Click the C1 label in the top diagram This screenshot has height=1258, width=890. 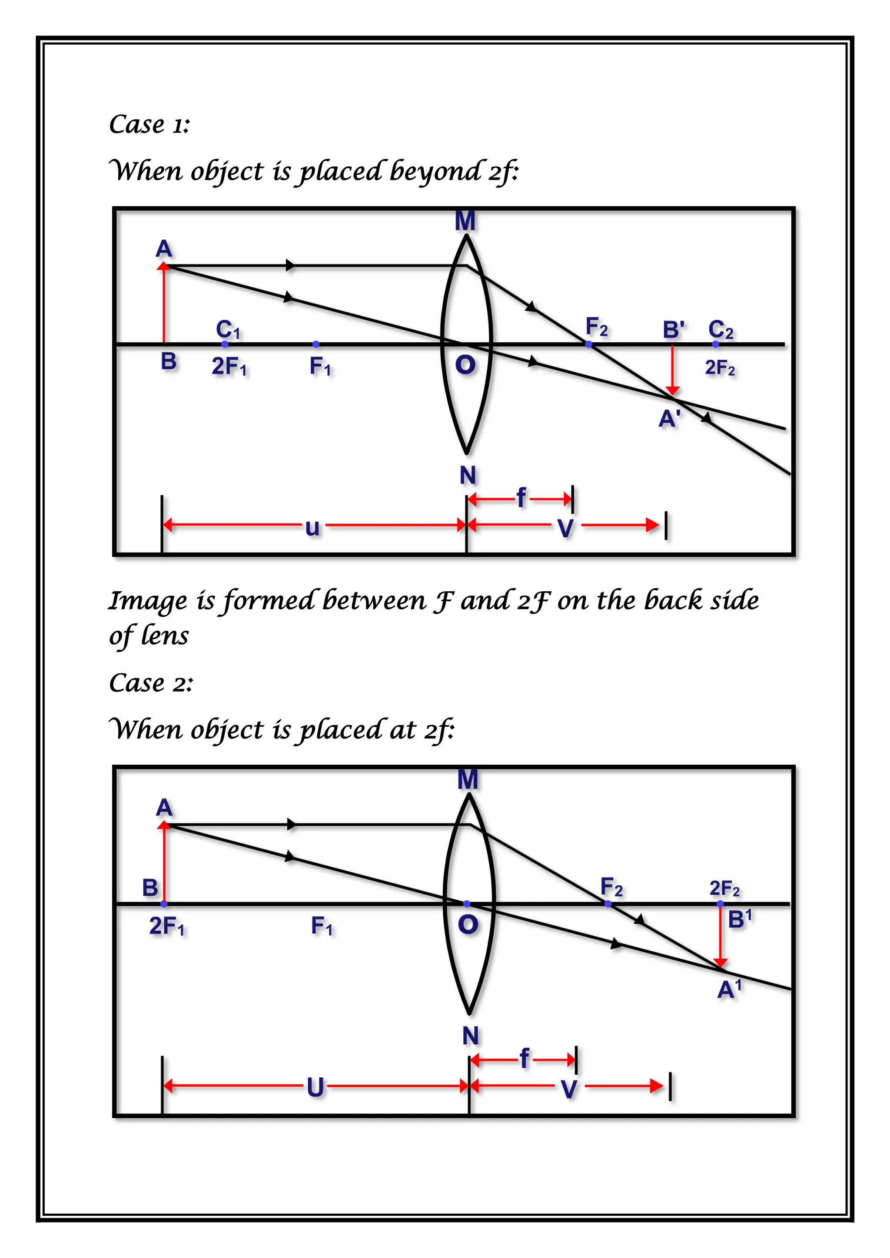pos(227,329)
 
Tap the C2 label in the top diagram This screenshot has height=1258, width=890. pos(720,330)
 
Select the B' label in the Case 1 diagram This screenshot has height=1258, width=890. pos(674,330)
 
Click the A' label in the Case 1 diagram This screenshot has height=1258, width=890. pos(670,419)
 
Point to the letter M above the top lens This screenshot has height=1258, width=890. pos(465,222)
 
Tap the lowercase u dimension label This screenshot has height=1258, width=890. pos(312,527)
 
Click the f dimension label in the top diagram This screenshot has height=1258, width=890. pos(521,498)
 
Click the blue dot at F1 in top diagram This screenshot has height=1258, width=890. pos(315,344)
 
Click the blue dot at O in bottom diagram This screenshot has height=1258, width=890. pos(466,904)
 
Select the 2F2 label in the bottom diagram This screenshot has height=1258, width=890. pos(724,888)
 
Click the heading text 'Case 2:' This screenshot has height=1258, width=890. pos(151,683)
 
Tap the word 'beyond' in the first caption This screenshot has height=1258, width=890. pos(436,172)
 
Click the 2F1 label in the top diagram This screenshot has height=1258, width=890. pos(229,367)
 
